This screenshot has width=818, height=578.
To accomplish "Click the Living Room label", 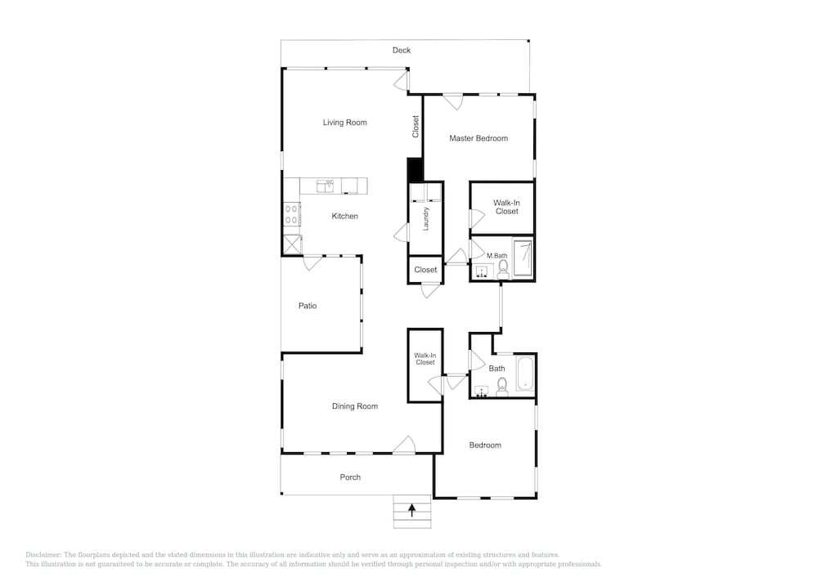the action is point(344,123).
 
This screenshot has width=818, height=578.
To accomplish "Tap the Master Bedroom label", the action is point(479,138).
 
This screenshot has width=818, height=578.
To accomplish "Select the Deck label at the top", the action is point(401,50).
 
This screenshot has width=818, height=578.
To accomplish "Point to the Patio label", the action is point(308,306).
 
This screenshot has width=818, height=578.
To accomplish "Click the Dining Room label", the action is point(355,406).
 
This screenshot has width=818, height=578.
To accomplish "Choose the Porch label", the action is point(350,477).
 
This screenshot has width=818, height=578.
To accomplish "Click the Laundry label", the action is point(425,219).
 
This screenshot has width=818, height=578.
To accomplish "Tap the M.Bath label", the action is point(497,255).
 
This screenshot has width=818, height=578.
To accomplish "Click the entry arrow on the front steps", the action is point(412,509).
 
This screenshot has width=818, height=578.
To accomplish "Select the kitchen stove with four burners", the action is point(292,214).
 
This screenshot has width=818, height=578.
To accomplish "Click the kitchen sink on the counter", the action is point(325,186).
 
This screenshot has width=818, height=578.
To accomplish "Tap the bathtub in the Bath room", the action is point(525,374).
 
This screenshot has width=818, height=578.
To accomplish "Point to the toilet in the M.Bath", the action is point(503,269).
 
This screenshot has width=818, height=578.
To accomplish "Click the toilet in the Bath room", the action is point(502,388).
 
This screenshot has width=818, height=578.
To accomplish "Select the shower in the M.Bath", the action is point(523,258).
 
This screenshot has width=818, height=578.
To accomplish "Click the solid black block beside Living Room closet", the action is point(415,170).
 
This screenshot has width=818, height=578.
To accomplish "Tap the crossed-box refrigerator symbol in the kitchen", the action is point(292,244).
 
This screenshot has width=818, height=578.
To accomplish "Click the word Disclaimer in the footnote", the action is point(43,554).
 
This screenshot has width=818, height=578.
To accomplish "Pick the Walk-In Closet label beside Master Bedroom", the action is point(506,207).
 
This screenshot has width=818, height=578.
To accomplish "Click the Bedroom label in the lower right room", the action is point(485,445).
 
